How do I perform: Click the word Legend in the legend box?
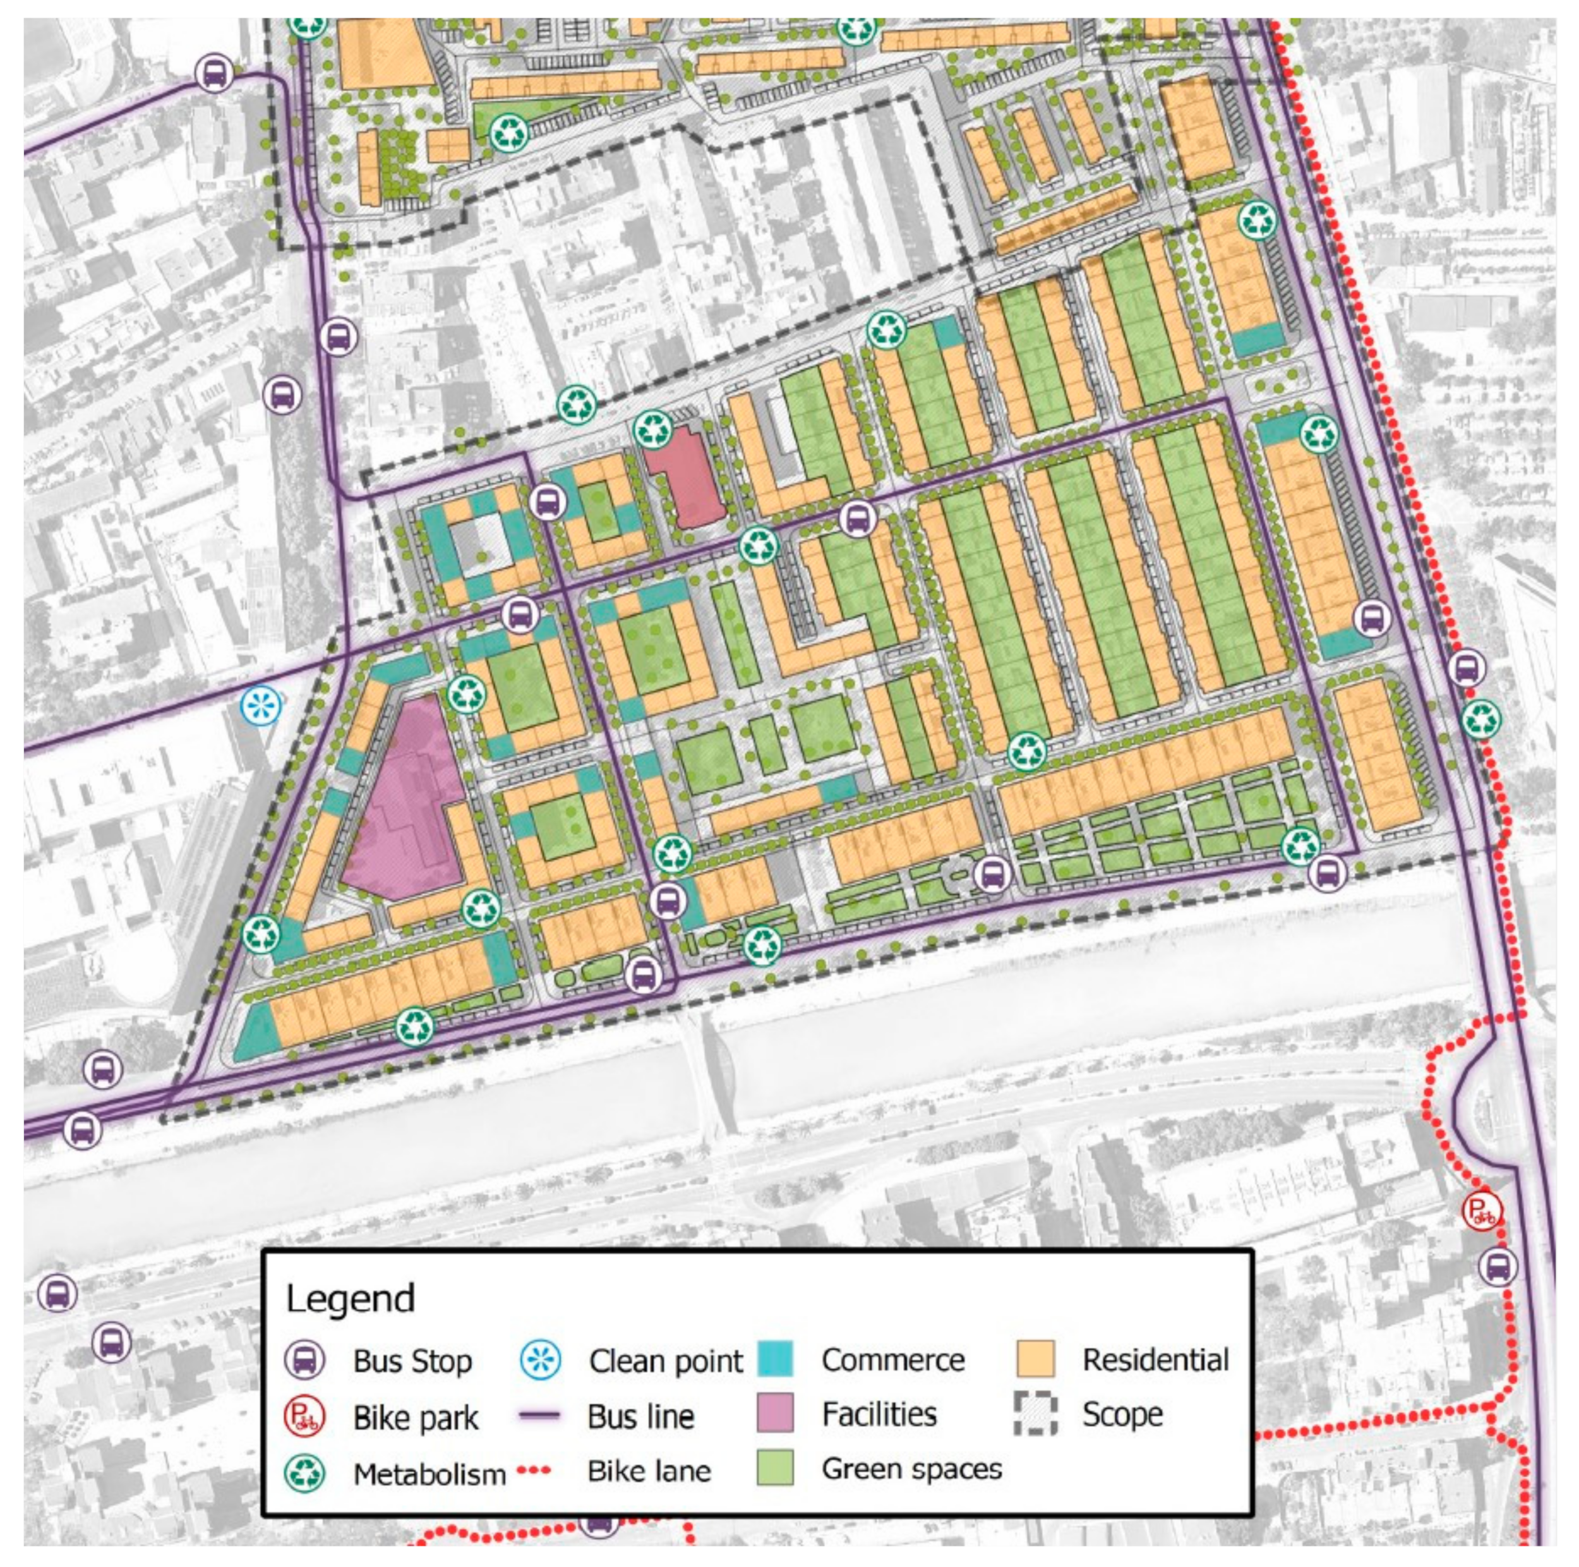351,1298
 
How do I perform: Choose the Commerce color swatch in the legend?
775,1358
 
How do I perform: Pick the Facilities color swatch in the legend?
775,1414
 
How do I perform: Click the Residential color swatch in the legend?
1035,1358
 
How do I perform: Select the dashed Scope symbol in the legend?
1035,1414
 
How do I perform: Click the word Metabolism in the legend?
429,1474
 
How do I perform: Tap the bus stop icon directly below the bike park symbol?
1498,1267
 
